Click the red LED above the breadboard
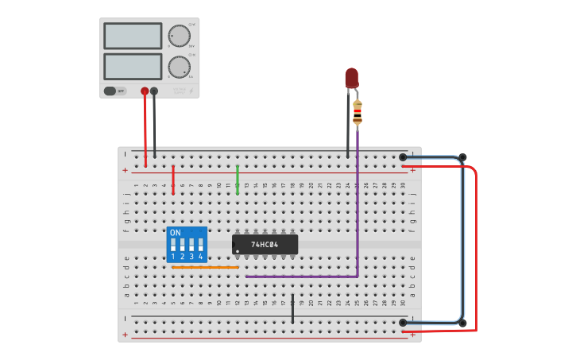point(351,77)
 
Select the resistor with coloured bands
point(358,113)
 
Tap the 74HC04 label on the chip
point(265,245)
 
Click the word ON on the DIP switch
point(176,233)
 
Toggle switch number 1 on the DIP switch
point(173,246)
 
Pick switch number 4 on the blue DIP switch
point(200,246)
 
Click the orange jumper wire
point(205,267)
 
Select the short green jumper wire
point(237,180)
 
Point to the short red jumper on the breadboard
point(173,180)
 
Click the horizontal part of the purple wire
point(302,277)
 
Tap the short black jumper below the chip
point(292,310)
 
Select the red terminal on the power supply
point(145,91)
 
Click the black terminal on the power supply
point(154,91)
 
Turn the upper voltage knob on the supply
point(180,36)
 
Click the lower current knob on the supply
point(180,67)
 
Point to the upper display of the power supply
point(133,36)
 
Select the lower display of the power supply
point(133,66)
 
